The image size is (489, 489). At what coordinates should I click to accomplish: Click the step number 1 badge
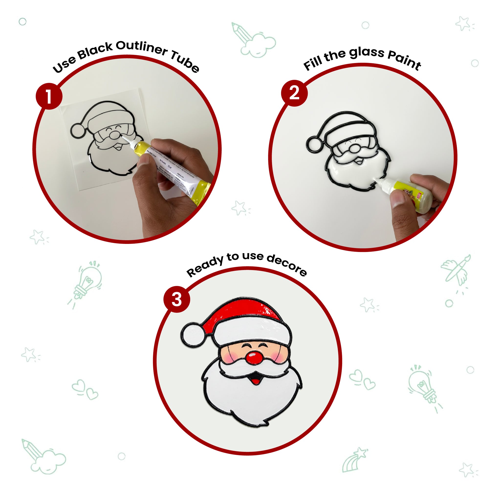(49, 96)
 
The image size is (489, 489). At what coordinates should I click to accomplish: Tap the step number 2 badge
(294, 93)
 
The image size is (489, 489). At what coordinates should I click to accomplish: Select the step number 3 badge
(177, 299)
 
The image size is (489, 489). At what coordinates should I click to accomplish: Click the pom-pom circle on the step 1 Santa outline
(77, 130)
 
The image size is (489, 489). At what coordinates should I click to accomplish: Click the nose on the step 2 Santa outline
(354, 148)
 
